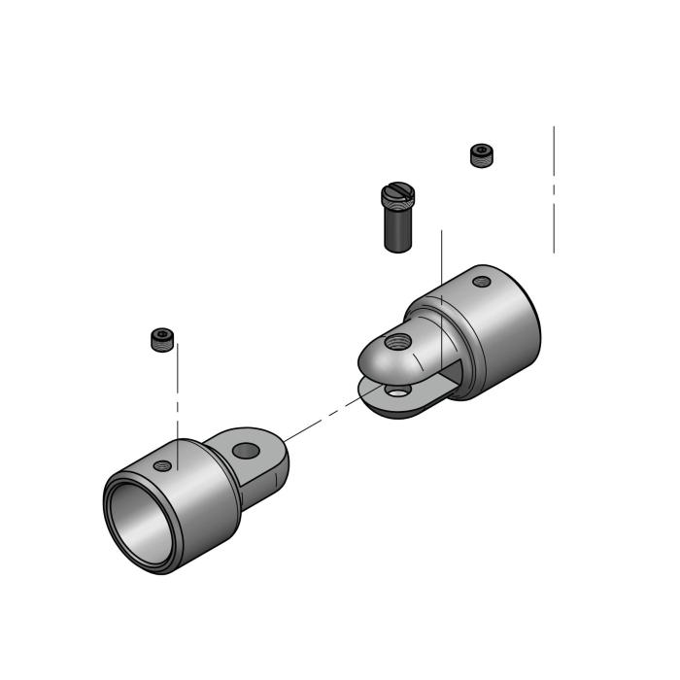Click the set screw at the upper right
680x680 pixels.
[x=480, y=154]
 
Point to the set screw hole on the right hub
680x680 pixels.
[x=482, y=282]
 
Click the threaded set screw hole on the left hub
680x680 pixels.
[x=163, y=465]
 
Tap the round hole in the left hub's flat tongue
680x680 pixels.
[x=247, y=451]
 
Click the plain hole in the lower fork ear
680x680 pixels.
[x=395, y=391]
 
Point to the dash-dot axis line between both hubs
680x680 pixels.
[x=321, y=421]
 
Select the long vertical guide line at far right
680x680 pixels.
[x=554, y=194]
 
